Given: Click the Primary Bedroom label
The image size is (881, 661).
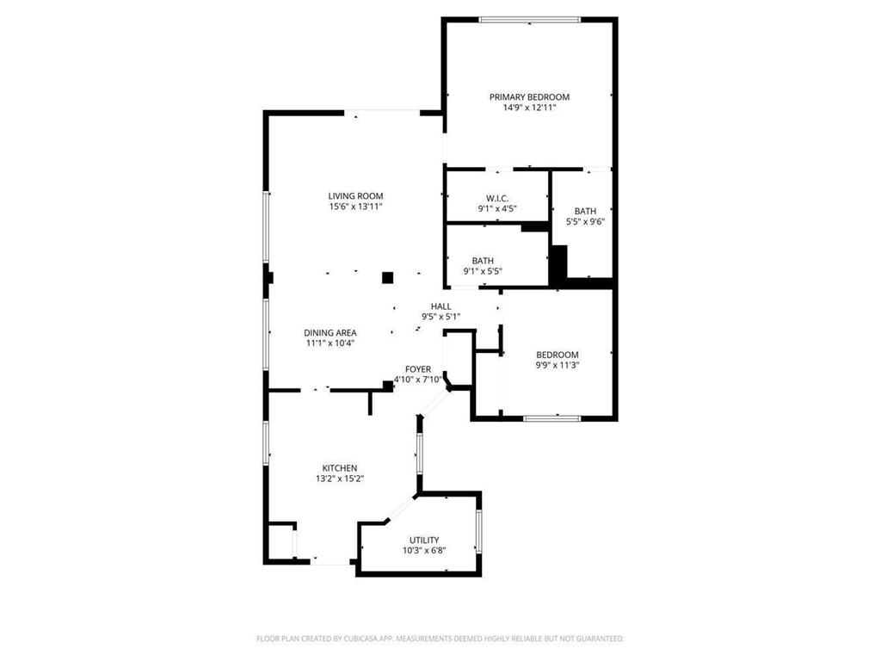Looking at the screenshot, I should (529, 97).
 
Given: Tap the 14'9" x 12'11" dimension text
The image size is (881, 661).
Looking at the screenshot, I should (529, 108).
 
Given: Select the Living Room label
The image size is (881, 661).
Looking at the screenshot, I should (355, 196).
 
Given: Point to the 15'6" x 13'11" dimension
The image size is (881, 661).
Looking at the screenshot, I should (355, 207).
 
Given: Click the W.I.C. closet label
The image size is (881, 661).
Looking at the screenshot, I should (497, 198).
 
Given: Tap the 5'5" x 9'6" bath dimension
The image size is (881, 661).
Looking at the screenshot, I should (585, 222).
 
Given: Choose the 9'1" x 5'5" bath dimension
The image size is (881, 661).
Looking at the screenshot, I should (482, 272).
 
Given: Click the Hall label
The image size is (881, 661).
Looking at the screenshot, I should (440, 306).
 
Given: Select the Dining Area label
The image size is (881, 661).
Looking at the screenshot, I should (330, 332).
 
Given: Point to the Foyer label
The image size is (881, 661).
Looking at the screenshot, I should (418, 369).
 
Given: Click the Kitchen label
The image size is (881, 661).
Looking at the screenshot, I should (340, 468).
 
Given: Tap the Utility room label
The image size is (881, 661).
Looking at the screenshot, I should (424, 540).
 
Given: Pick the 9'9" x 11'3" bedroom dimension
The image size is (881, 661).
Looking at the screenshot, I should (557, 366).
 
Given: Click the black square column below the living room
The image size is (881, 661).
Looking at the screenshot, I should (388, 277).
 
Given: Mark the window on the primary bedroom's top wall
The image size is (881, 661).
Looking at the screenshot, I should (529, 19).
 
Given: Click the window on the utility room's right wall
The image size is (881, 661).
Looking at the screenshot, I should (478, 532).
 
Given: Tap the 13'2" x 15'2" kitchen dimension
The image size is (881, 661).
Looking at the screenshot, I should (340, 479).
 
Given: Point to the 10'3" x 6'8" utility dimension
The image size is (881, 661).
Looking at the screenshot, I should (424, 551).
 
